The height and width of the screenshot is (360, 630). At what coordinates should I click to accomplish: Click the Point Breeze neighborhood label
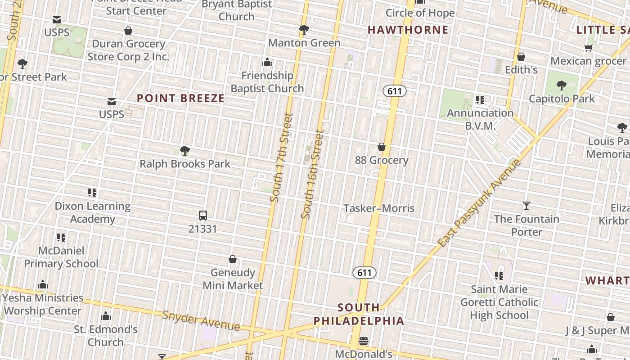click(x=180, y=98)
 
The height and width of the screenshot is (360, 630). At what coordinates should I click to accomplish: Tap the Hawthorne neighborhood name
click(x=408, y=30)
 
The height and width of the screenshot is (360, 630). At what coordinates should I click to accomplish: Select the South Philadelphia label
click(x=359, y=314)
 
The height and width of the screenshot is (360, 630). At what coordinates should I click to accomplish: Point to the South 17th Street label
click(x=282, y=157)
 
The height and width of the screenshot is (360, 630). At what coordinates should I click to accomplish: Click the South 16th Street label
click(x=313, y=174)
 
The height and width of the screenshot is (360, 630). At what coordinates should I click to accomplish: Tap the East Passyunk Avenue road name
click(x=480, y=203)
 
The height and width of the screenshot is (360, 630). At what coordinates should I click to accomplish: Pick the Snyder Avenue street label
click(x=201, y=320)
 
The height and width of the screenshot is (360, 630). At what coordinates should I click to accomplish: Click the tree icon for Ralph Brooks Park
click(x=184, y=151)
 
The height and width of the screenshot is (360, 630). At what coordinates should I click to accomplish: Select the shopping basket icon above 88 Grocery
click(x=382, y=147)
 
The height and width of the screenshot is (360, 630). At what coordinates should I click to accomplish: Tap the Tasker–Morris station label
click(x=379, y=208)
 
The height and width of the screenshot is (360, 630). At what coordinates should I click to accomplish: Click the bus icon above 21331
click(x=203, y=216)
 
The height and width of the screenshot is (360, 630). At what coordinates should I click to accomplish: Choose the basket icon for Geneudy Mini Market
click(x=233, y=260)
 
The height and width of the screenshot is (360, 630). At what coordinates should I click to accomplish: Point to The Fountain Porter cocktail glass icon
click(x=526, y=206)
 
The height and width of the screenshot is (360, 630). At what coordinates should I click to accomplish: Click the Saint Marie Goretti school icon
click(x=499, y=275)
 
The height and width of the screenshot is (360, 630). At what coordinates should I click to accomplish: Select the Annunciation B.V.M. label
click(x=480, y=119)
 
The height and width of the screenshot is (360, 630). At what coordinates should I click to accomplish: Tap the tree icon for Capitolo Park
click(x=561, y=85)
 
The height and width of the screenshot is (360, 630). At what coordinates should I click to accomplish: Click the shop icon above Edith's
click(x=521, y=57)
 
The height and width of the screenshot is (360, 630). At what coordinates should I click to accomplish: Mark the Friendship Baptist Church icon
click(x=267, y=62)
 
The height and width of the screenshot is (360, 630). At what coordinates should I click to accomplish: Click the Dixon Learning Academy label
click(x=92, y=212)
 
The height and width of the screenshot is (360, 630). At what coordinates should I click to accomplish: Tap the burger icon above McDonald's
click(x=364, y=341)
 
